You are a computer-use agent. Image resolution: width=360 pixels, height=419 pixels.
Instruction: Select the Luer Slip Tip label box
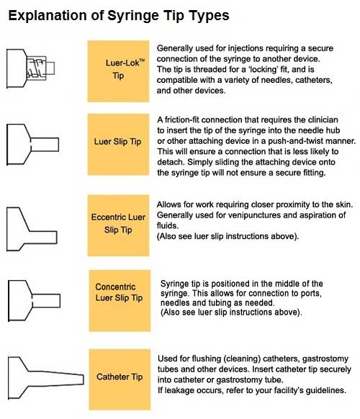(x=118, y=144)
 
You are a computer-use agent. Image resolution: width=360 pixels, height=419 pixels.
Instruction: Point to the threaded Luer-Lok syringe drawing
(x=30, y=68)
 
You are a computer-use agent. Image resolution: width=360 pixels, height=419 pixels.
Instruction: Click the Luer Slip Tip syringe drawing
(x=32, y=144)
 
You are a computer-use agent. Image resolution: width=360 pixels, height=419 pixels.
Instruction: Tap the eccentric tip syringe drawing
(x=32, y=229)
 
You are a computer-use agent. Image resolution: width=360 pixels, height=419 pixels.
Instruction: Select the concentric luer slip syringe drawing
(x=34, y=301)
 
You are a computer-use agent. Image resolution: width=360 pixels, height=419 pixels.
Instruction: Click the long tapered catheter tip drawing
(x=45, y=378)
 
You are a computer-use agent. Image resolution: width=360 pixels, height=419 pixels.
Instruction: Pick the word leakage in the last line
(x=179, y=390)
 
